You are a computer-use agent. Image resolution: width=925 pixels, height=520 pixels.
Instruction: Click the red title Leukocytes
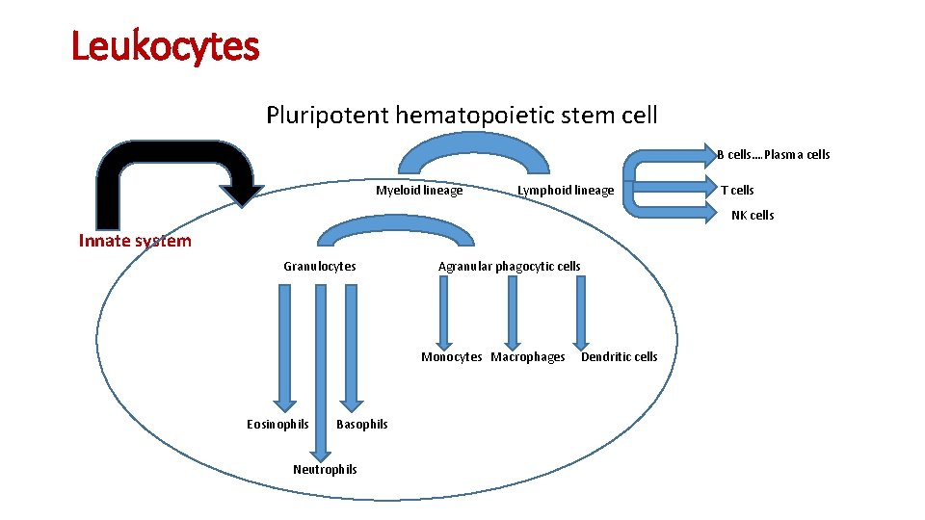pos(166,46)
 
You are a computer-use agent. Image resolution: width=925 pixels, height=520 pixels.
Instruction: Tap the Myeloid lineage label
pos(419,191)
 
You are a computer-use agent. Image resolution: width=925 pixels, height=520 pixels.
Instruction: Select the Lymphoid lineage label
pos(565,191)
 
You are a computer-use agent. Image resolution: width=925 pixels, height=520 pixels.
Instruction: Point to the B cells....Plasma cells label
pos(773,155)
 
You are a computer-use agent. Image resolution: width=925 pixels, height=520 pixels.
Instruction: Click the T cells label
pos(737,191)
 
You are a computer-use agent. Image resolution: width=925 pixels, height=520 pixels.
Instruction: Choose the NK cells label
pos(752,216)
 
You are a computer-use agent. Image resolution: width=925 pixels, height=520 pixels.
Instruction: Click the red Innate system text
pos(135,241)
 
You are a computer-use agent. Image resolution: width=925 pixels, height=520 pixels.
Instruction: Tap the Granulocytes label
pos(319,267)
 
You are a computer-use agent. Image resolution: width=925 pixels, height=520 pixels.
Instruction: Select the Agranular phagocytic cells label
pos(509,267)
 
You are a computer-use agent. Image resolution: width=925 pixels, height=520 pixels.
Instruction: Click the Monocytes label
pos(451,357)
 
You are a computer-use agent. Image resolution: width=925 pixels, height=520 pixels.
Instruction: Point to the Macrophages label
pos(528,357)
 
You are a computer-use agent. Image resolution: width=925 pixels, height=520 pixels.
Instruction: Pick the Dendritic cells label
pos(619,357)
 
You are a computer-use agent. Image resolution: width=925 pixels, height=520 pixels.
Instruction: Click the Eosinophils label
pos(277,425)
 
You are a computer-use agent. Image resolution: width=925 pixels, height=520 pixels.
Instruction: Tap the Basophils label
pos(362,425)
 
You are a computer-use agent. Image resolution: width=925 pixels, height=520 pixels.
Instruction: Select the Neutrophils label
pos(325,470)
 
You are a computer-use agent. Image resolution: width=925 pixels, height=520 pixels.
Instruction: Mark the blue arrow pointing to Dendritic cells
pos(581,313)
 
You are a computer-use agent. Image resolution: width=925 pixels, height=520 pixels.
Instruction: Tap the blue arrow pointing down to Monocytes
pos(444,313)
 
